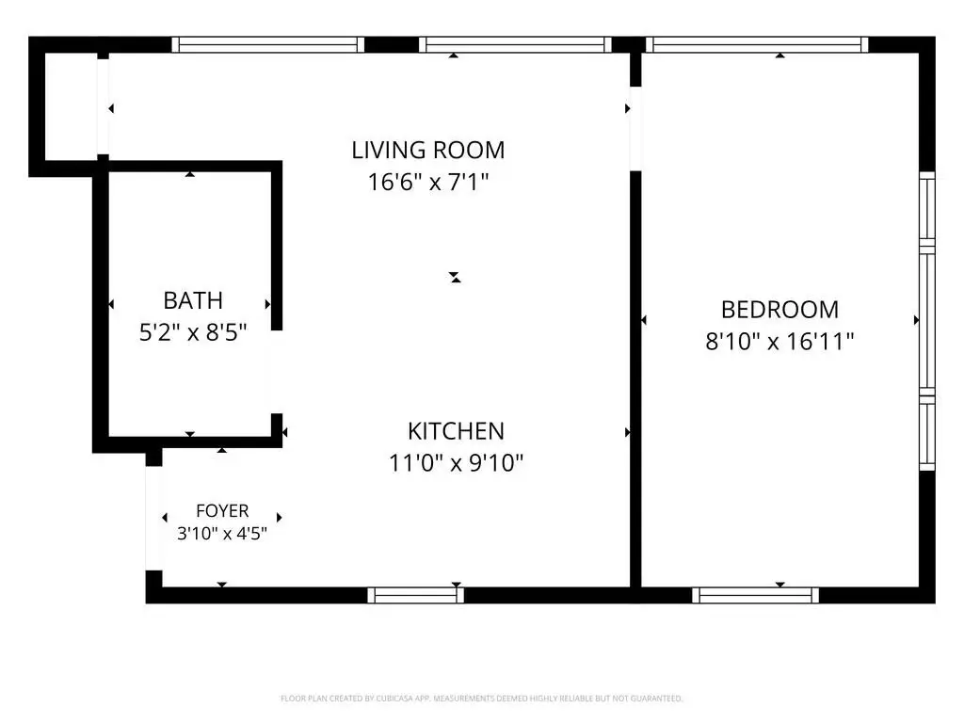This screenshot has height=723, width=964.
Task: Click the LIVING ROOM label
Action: [428, 150]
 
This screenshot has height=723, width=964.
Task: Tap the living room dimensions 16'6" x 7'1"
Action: [428, 182]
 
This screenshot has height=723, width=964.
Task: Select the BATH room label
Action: [192, 300]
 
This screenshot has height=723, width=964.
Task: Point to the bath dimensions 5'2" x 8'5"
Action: [192, 332]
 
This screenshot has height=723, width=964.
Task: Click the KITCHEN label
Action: [456, 431]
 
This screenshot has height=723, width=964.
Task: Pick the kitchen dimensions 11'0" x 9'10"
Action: [456, 463]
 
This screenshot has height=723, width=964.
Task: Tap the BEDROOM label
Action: [779, 309]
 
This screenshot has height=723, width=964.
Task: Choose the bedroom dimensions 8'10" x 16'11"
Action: [779, 341]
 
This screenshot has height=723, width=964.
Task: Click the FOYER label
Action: [222, 511]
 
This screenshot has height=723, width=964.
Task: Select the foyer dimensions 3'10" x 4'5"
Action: [222, 533]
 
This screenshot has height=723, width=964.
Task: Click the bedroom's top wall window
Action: [757, 44]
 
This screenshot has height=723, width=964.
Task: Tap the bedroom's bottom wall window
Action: [756, 595]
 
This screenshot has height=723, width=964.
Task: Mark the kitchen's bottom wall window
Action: [415, 595]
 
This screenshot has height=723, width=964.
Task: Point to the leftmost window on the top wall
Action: [268, 44]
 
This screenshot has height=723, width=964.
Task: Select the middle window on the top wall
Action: [515, 44]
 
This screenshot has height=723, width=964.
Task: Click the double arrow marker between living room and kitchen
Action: [455, 278]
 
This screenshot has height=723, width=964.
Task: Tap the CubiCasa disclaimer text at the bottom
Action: [481, 699]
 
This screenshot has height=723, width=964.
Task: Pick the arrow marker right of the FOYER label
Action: [279, 518]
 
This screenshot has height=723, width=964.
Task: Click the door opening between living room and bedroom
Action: [635, 128]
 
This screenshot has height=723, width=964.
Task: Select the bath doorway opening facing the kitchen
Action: [276, 372]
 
